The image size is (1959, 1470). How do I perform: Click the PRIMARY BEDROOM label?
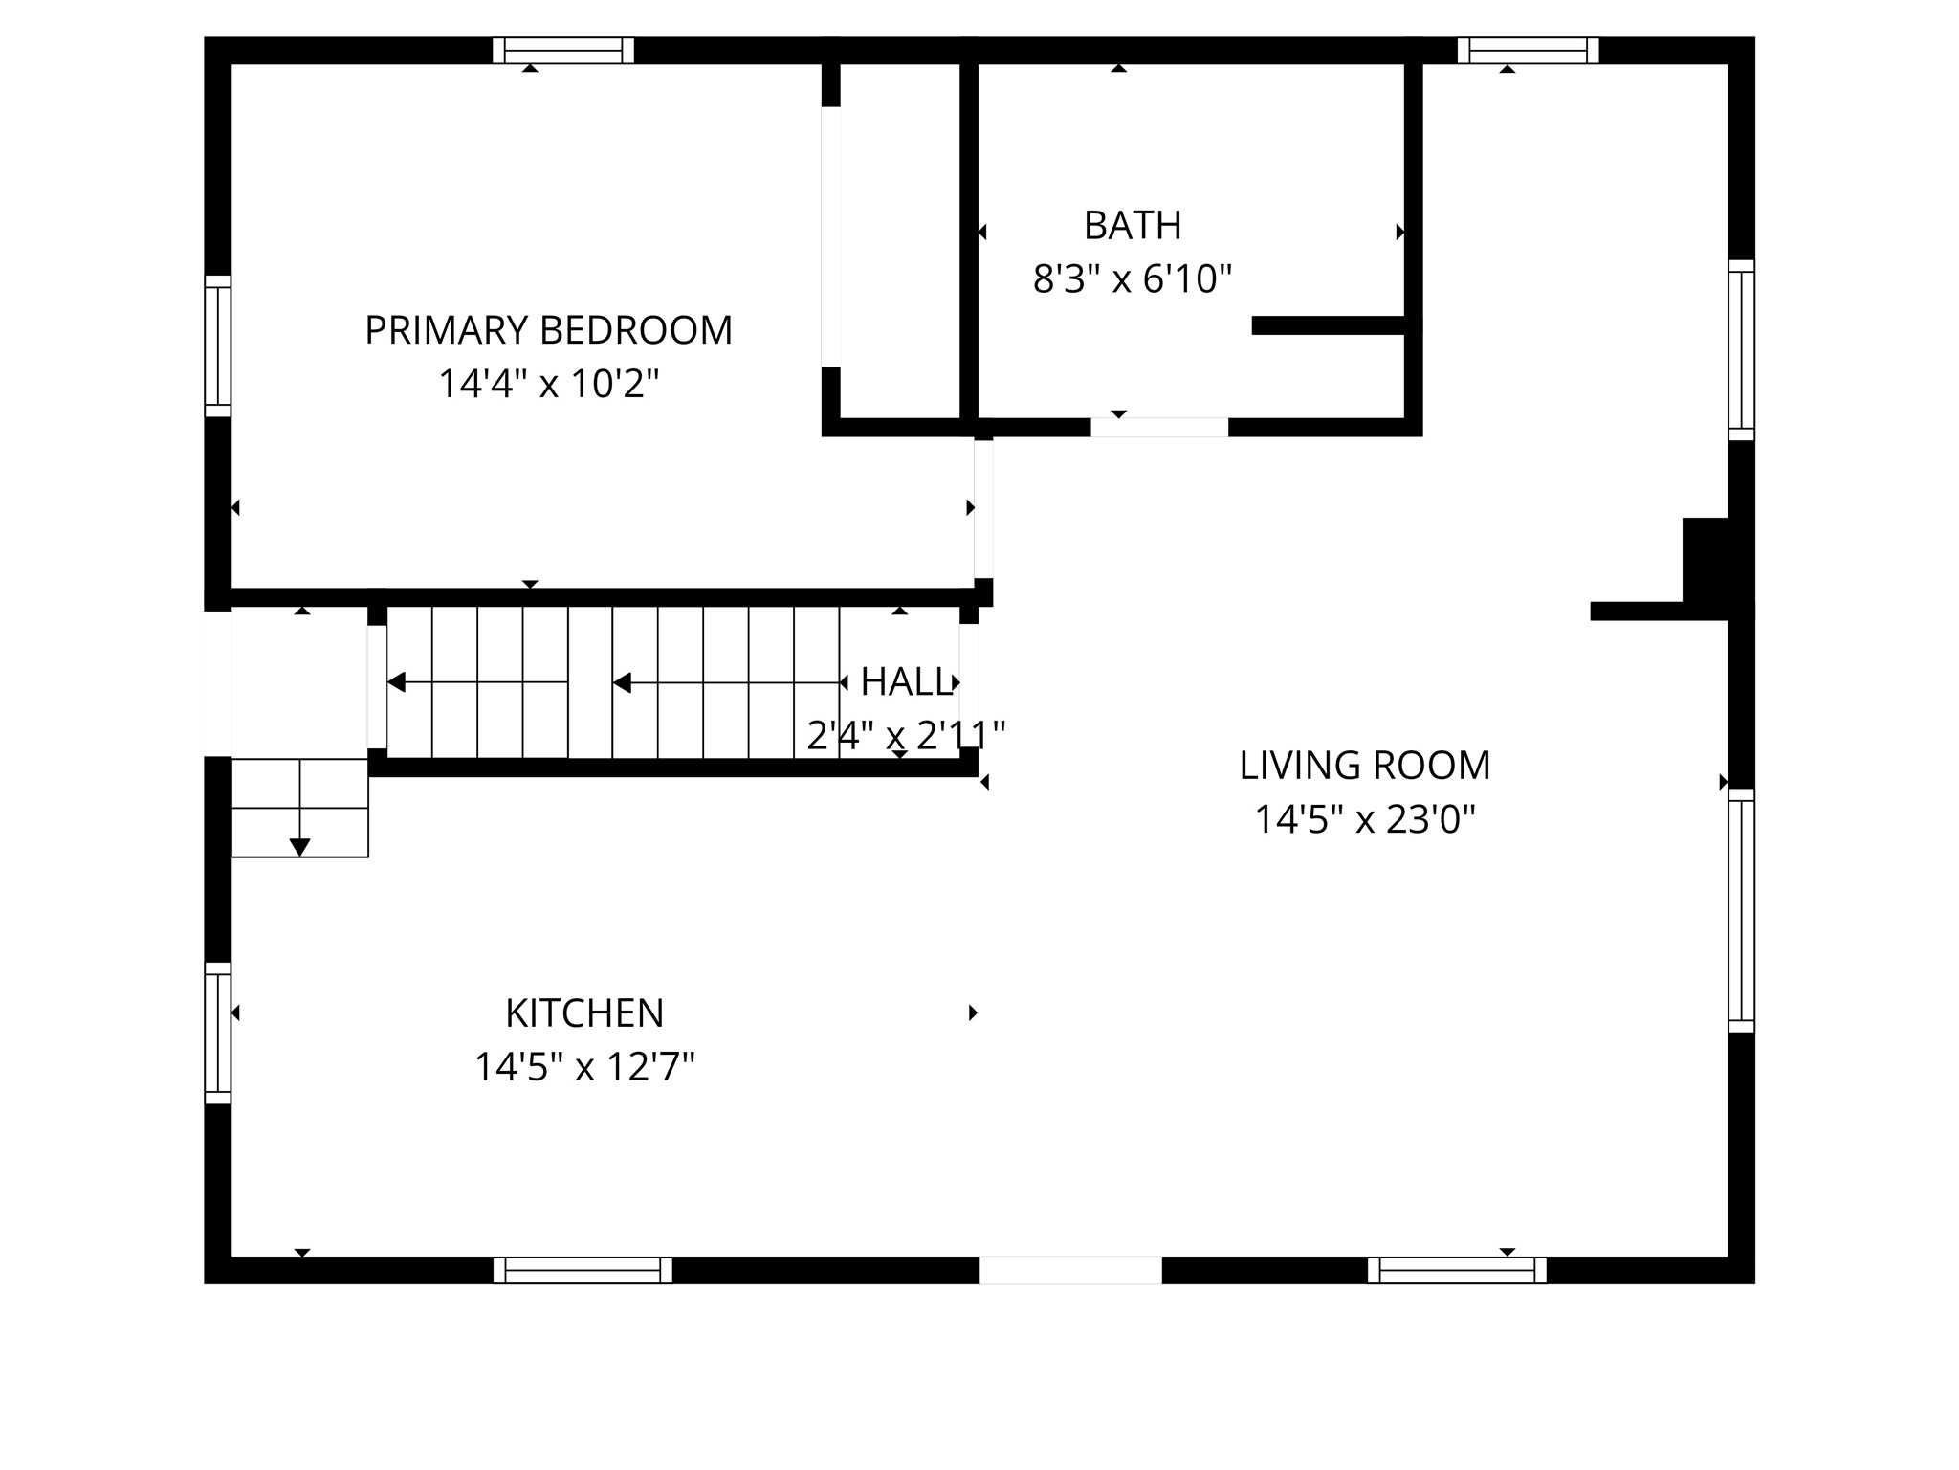pyautogui.click(x=548, y=330)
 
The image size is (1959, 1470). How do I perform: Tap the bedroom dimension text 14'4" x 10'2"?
pyautogui.click(x=548, y=384)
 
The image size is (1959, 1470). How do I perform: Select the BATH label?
pyautogui.click(x=1133, y=226)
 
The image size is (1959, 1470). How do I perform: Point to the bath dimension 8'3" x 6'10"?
pyautogui.click(x=1133, y=279)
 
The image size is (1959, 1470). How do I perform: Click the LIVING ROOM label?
pyautogui.click(x=1364, y=766)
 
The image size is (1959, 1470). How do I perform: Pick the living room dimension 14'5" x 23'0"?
pyautogui.click(x=1364, y=819)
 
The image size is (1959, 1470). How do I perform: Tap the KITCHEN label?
pyautogui.click(x=584, y=1013)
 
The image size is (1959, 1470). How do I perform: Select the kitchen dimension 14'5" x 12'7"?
pyautogui.click(x=584, y=1066)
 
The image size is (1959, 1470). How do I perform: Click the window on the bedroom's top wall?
pyautogui.click(x=563, y=50)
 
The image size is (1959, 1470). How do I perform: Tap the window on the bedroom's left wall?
pyautogui.click(x=218, y=346)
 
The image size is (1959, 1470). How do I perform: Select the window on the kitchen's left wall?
pyautogui.click(x=218, y=1033)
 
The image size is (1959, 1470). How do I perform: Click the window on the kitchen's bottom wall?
pyautogui.click(x=583, y=1270)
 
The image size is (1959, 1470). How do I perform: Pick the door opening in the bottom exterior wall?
pyautogui.click(x=1070, y=1270)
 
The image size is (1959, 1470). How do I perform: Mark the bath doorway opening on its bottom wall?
pyautogui.click(x=1159, y=428)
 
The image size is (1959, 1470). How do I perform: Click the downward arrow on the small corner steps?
pyautogui.click(x=299, y=846)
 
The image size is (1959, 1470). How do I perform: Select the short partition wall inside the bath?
pyautogui.click(x=1330, y=325)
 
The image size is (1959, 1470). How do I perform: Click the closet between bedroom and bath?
pyautogui.click(x=899, y=239)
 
